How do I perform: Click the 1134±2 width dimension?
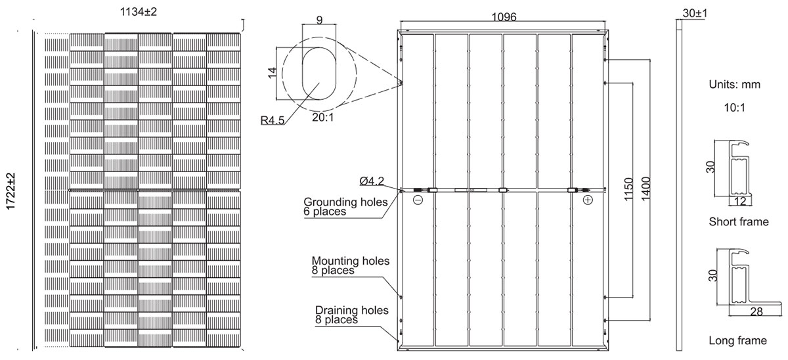(139, 12)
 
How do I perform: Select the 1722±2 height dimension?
(11, 191)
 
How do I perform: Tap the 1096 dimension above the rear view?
(504, 17)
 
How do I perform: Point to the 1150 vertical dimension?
(628, 189)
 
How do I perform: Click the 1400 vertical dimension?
(646, 189)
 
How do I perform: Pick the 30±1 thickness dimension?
(695, 13)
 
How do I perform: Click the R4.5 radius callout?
(273, 120)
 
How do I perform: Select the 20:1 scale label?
(323, 117)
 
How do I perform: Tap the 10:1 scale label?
(735, 108)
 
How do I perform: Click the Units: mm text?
(735, 85)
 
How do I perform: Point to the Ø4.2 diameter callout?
(372, 181)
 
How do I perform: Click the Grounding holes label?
(345, 202)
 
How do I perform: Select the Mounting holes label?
(351, 261)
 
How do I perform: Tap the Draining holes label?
(352, 310)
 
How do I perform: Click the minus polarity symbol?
(418, 200)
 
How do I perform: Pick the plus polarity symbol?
(588, 200)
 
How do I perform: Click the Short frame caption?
(739, 221)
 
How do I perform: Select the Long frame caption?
(737, 340)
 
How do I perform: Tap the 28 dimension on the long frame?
(756, 311)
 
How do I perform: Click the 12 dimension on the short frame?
(740, 201)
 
